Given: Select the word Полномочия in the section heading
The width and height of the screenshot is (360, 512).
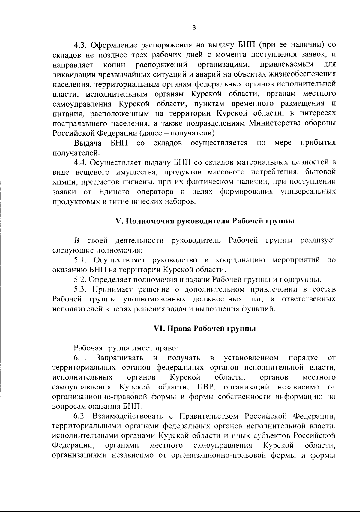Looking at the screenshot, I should pyautogui.click(x=145, y=221).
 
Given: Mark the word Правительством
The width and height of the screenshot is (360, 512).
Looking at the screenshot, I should pyautogui.click(x=209, y=417).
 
